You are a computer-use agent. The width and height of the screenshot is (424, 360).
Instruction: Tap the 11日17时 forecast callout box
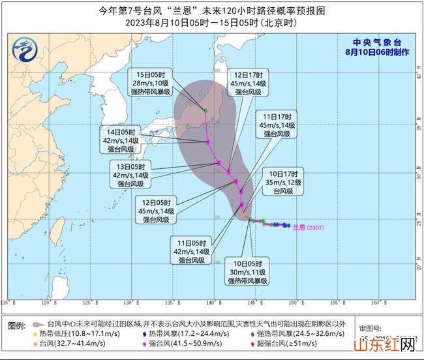tap(279, 125)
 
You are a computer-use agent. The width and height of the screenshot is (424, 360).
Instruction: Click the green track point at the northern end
tap(205, 110)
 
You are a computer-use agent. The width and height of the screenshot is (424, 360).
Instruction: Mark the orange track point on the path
tap(243, 214)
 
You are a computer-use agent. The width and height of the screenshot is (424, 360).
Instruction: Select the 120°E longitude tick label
tap(46, 303)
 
